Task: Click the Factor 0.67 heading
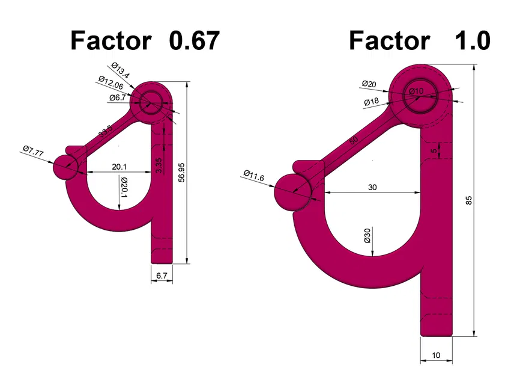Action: (145, 40)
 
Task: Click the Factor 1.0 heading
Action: (419, 40)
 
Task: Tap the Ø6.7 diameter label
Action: (117, 97)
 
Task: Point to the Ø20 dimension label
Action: (370, 84)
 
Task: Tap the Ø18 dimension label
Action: (371, 102)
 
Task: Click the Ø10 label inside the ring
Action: (416, 91)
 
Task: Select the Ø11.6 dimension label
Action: (254, 176)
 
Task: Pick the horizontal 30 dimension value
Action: (372, 187)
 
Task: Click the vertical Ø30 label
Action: (367, 235)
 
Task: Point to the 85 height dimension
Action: (469, 202)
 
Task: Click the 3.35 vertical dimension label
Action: (158, 166)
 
